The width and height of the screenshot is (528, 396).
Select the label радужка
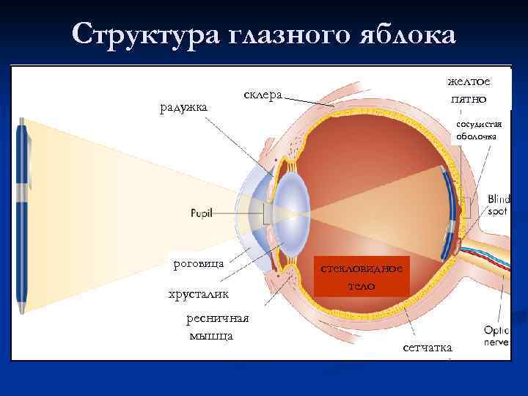pyautogui.click(x=183, y=107)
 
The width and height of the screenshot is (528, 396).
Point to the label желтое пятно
pyautogui.click(x=470, y=90)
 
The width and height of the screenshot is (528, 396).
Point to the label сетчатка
pyautogui.click(x=428, y=346)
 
